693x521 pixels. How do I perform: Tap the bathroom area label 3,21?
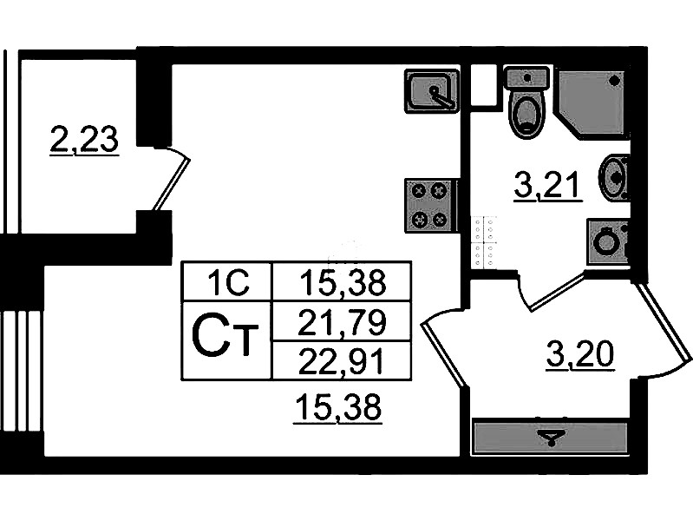coord(546,185)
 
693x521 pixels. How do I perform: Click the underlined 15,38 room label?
coord(337,406)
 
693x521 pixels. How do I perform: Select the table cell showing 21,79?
coord(340,324)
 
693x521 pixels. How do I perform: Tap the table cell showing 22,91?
coord(340,359)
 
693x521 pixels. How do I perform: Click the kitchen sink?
coord(431,90)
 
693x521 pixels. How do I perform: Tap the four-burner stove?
coord(430,205)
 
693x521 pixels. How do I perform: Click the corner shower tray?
coord(592,101)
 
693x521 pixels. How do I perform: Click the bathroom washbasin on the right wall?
coord(616,176)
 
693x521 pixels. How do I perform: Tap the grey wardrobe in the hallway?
coord(549,437)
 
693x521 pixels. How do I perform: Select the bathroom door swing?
coord(555,291)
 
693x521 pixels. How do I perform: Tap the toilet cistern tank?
coord(526,78)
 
